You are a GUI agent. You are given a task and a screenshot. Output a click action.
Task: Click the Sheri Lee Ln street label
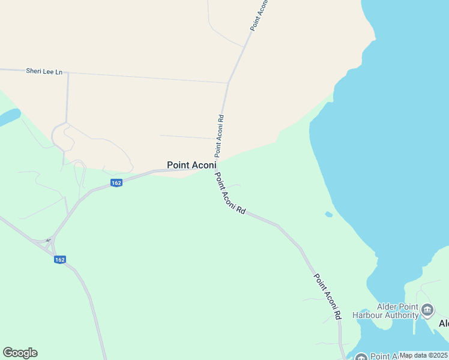44,71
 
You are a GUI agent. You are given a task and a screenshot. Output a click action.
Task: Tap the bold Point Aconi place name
191,165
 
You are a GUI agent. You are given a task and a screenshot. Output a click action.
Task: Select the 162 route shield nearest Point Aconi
116,183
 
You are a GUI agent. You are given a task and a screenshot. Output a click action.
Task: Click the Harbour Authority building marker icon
427,310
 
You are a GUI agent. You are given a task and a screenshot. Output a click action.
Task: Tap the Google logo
20,353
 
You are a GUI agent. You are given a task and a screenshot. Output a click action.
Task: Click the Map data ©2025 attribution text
423,355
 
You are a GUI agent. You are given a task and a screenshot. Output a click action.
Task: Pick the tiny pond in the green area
328,214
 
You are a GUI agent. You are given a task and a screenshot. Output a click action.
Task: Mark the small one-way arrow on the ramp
47,240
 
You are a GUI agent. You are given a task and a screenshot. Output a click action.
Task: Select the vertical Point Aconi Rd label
220,136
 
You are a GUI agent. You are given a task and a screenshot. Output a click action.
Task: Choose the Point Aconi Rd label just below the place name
231,194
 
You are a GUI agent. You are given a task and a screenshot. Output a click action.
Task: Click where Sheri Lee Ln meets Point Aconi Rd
228,82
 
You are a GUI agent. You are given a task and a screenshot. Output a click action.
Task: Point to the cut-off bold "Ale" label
444,323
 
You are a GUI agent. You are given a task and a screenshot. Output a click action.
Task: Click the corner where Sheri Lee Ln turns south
68,73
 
